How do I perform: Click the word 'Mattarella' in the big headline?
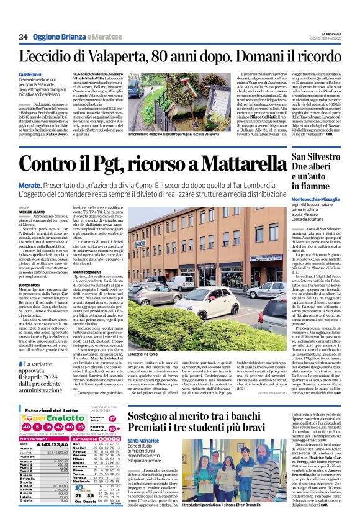point(237,164)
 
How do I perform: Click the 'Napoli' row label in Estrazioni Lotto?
point(77,463)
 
